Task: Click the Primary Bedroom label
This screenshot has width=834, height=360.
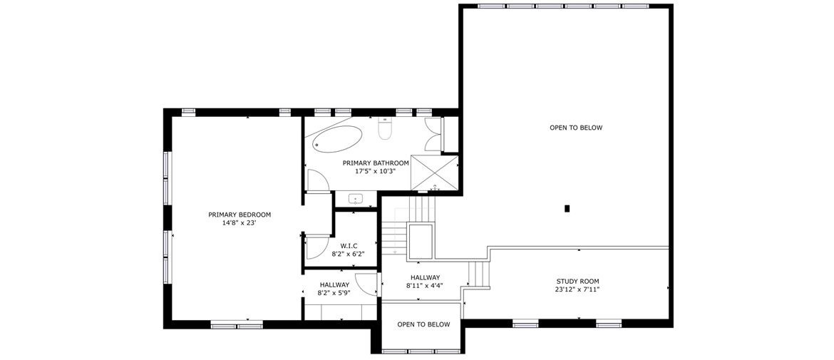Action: pos(240,215)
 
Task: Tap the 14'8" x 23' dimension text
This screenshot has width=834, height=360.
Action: pos(240,223)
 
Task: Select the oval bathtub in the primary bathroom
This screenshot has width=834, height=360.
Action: pos(337,139)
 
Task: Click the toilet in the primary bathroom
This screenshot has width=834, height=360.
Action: pos(384,129)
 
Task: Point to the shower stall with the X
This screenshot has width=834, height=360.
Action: pos(435,172)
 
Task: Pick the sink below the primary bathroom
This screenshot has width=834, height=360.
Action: pos(356,200)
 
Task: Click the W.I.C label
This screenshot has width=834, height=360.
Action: pos(349,246)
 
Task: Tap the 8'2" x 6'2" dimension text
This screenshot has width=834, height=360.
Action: pos(349,254)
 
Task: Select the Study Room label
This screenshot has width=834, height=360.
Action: pos(577,282)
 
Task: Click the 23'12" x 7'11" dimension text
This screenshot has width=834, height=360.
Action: pos(577,290)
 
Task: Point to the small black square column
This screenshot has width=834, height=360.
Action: pos(567,209)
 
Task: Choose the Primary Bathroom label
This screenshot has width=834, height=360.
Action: pos(376,163)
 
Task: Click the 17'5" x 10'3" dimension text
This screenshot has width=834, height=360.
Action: pos(376,172)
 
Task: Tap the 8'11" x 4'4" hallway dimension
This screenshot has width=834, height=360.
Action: pos(425,286)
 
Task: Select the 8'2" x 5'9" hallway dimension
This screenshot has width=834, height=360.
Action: pos(334,292)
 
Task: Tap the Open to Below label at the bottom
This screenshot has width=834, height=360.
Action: pos(423,324)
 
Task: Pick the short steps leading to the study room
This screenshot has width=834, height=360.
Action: pos(479,274)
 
